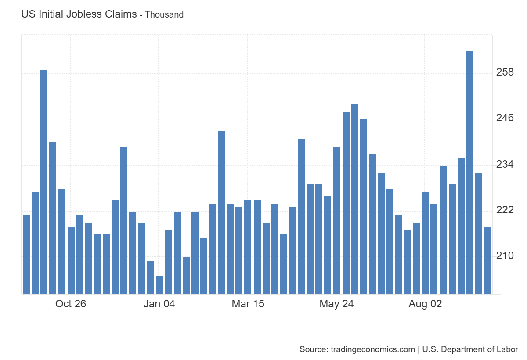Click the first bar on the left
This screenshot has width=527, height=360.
point(26,254)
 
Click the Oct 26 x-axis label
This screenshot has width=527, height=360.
point(71,304)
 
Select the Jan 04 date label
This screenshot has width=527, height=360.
point(159,304)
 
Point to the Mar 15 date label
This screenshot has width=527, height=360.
point(248,304)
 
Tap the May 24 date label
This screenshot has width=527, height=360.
point(336,304)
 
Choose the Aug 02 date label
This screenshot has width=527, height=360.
point(425,304)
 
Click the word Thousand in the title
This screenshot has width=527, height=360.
point(164,14)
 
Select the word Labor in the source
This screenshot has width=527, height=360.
point(508,349)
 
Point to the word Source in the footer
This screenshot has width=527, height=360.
point(313,349)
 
